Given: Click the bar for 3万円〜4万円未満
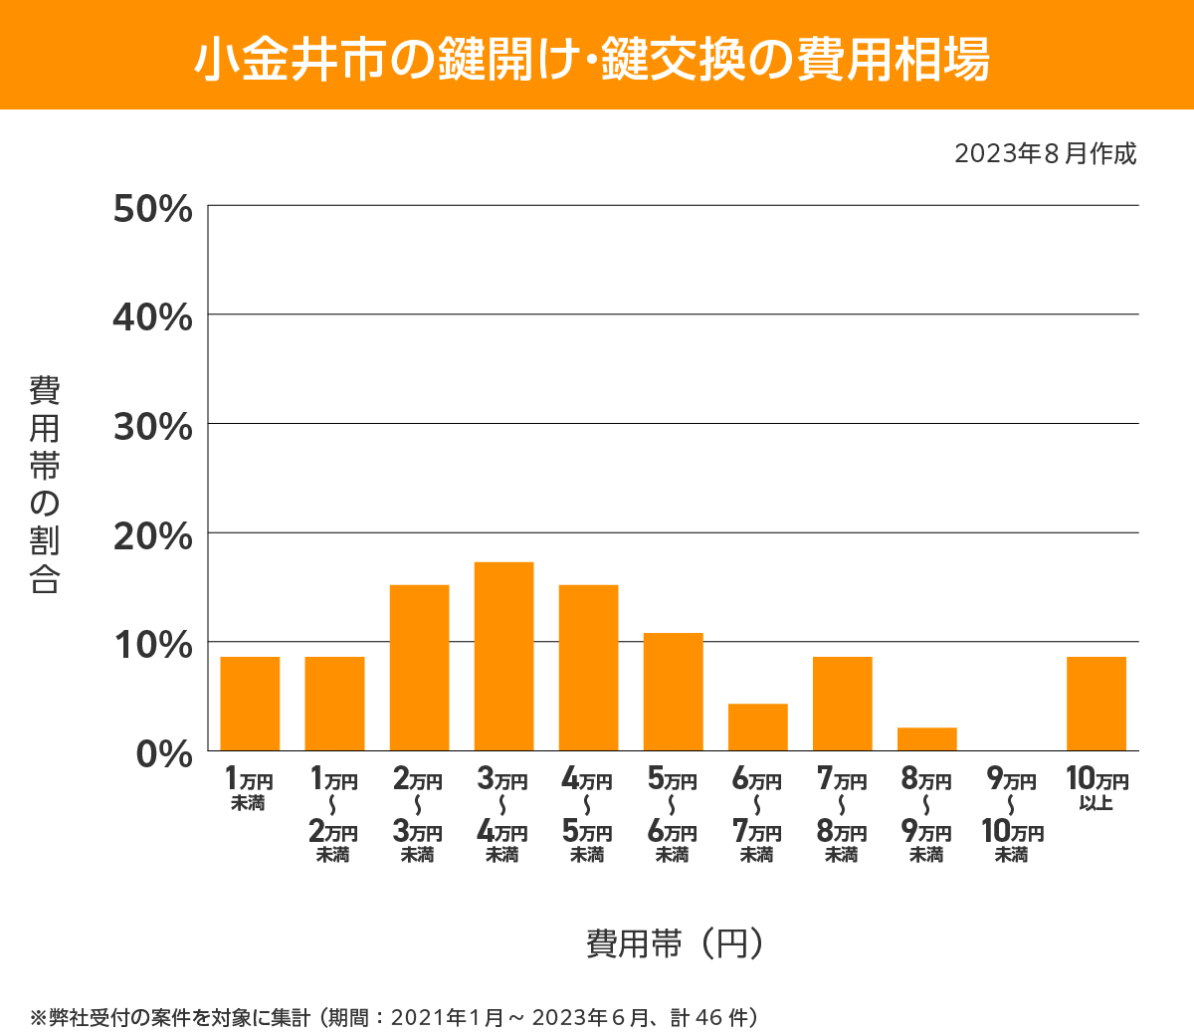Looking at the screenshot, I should point(503,657).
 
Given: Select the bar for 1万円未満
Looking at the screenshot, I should point(250,704).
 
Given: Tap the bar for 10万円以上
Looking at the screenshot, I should point(1095,704).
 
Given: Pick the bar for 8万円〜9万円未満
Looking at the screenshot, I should point(926,739).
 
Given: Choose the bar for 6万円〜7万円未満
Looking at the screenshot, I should point(757,727).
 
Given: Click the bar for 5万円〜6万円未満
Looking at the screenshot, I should point(673,692).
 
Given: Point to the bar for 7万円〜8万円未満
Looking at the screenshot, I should point(842,704).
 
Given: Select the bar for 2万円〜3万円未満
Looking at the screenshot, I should point(419,668).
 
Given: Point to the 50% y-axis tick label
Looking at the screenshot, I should point(152,209).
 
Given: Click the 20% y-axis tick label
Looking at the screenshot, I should point(152,536).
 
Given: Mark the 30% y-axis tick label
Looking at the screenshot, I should point(152,427).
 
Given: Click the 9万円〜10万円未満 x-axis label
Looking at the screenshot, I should point(1012,815).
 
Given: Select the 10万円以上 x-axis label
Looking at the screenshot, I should point(1096,788).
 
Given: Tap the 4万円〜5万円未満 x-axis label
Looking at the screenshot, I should point(587,815).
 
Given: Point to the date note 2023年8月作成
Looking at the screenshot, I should point(1045,154).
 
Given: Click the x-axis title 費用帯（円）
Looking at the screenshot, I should point(675,942).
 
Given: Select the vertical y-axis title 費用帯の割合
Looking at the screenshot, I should point(45,485).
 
